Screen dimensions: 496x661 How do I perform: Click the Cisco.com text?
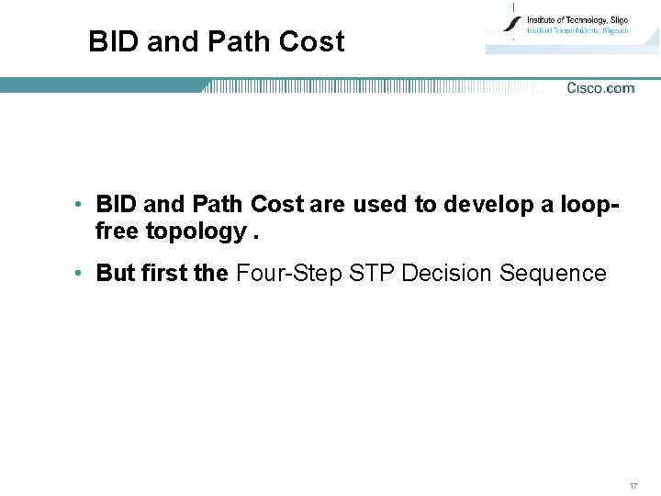click(x=600, y=88)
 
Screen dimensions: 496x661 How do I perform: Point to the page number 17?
click(x=633, y=485)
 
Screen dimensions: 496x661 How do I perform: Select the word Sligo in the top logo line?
click(x=612, y=19)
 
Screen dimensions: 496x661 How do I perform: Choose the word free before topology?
click(x=118, y=231)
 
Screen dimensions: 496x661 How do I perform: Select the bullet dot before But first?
click(x=81, y=274)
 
